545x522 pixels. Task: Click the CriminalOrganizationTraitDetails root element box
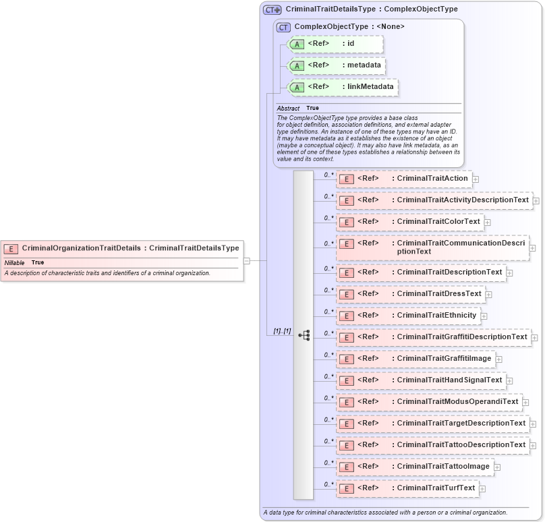[x=121, y=248]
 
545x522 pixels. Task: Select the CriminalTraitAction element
[x=403, y=179]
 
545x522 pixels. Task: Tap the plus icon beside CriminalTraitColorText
[x=488, y=223]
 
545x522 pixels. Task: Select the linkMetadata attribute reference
[x=342, y=87]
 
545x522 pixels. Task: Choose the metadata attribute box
[x=337, y=65]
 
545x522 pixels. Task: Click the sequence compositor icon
[x=304, y=335]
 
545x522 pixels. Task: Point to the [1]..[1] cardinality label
[x=282, y=331]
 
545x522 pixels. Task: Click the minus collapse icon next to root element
[x=247, y=260]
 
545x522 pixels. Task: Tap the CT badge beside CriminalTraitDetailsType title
[x=272, y=10]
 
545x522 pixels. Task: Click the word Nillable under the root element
[x=15, y=262]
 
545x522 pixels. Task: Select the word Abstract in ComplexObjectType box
[x=288, y=109]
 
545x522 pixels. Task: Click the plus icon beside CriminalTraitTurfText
[x=482, y=489]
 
